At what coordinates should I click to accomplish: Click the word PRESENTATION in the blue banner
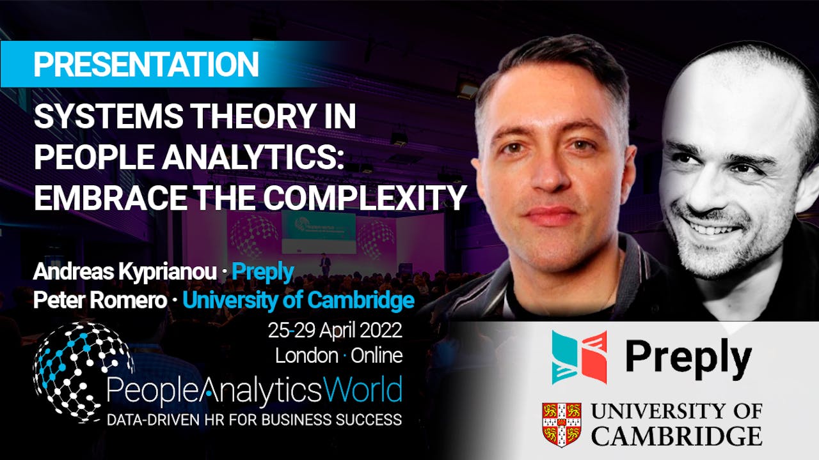146,65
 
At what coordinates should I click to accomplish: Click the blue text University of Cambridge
298,300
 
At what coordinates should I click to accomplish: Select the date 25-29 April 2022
335,331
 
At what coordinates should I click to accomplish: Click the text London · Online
338,355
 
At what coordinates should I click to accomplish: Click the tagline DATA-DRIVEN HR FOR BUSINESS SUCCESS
254,420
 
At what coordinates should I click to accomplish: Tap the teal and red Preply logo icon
580,357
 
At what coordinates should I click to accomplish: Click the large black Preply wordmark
688,359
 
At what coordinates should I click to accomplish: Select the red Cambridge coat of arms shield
561,424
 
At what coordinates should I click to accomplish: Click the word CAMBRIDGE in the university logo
676,436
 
